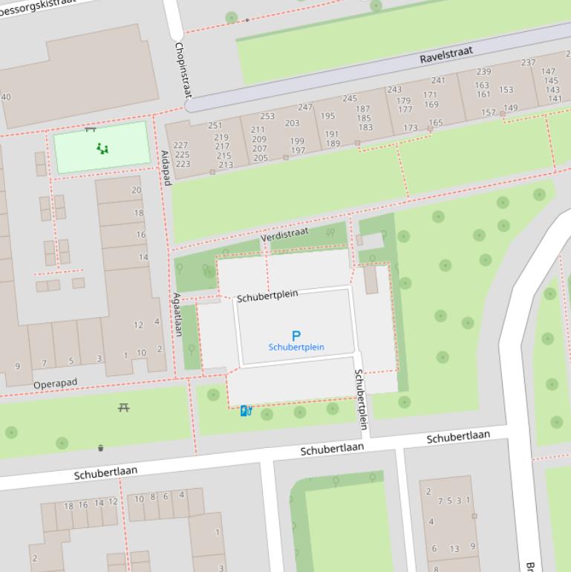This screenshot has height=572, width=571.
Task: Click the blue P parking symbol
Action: pos(296,336)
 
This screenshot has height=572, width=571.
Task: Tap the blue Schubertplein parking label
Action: pos(296,348)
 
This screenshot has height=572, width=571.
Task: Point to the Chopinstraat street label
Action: pos(182,70)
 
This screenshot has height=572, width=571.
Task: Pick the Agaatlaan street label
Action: pos(177,314)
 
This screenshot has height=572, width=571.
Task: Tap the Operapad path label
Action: pos(56,385)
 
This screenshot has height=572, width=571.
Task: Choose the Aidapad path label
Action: pos(165,168)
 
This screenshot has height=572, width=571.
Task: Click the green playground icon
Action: pos(102,149)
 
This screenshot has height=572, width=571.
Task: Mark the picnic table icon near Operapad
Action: pos(124,408)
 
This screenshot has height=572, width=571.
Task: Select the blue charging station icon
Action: pos(246,410)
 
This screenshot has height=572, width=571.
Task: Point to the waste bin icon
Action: pos(101,447)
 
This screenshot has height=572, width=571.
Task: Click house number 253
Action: pos(267,116)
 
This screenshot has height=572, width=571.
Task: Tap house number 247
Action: pos(305,108)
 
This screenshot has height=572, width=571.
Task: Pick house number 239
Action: pos(483,71)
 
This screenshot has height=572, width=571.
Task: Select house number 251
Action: pos(215,126)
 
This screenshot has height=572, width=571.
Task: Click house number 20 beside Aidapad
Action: pos(136,190)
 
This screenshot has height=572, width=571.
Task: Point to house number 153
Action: pos(506,90)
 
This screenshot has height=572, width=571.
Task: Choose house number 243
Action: pos(394,90)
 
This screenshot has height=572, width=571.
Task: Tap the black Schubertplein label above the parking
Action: pos(267,296)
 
